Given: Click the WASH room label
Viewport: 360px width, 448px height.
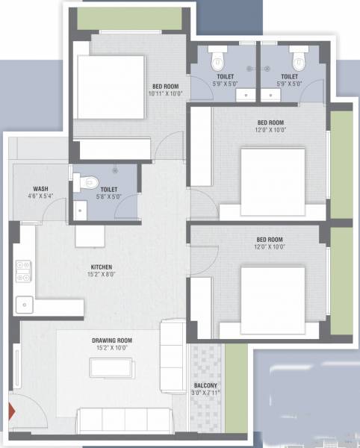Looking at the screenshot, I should click(x=40, y=188).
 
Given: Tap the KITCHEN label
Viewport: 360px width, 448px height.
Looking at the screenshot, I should click(x=102, y=267).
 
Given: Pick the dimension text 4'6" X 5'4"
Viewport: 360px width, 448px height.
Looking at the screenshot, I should click(x=40, y=196).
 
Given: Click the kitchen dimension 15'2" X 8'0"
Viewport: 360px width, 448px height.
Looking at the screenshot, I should click(x=102, y=274).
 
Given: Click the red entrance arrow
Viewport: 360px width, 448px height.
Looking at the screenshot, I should click(x=11, y=410).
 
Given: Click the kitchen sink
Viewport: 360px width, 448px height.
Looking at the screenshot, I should click(x=25, y=304).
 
